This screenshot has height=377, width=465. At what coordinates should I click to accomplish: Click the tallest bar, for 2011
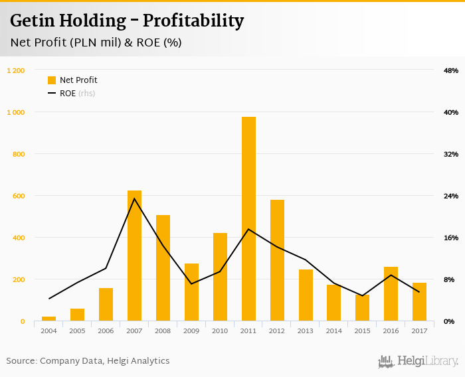pos(248,219)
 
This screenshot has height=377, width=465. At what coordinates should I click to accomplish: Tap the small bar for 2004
pos(48,319)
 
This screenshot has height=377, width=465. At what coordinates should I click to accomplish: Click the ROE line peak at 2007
pos(134,198)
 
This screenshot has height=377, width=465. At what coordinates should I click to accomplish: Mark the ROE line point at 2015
pos(362,296)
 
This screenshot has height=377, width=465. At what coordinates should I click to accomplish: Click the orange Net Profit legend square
pos(52,80)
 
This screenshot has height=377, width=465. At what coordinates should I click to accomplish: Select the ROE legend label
pos(68,94)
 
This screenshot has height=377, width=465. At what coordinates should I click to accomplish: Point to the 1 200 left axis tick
pos(16,70)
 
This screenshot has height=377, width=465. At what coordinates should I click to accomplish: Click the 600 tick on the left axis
pos(19,196)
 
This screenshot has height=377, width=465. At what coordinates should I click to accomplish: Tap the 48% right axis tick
pos(451,70)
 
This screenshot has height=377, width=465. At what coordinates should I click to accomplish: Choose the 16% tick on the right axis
pos(451,238)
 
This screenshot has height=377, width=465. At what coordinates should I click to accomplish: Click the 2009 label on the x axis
pos(191,331)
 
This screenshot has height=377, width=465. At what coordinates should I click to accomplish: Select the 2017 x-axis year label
pos(419,331)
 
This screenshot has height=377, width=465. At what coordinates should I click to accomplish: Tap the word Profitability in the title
pos(195,21)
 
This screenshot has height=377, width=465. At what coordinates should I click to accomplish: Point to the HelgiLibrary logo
pos(418,361)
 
